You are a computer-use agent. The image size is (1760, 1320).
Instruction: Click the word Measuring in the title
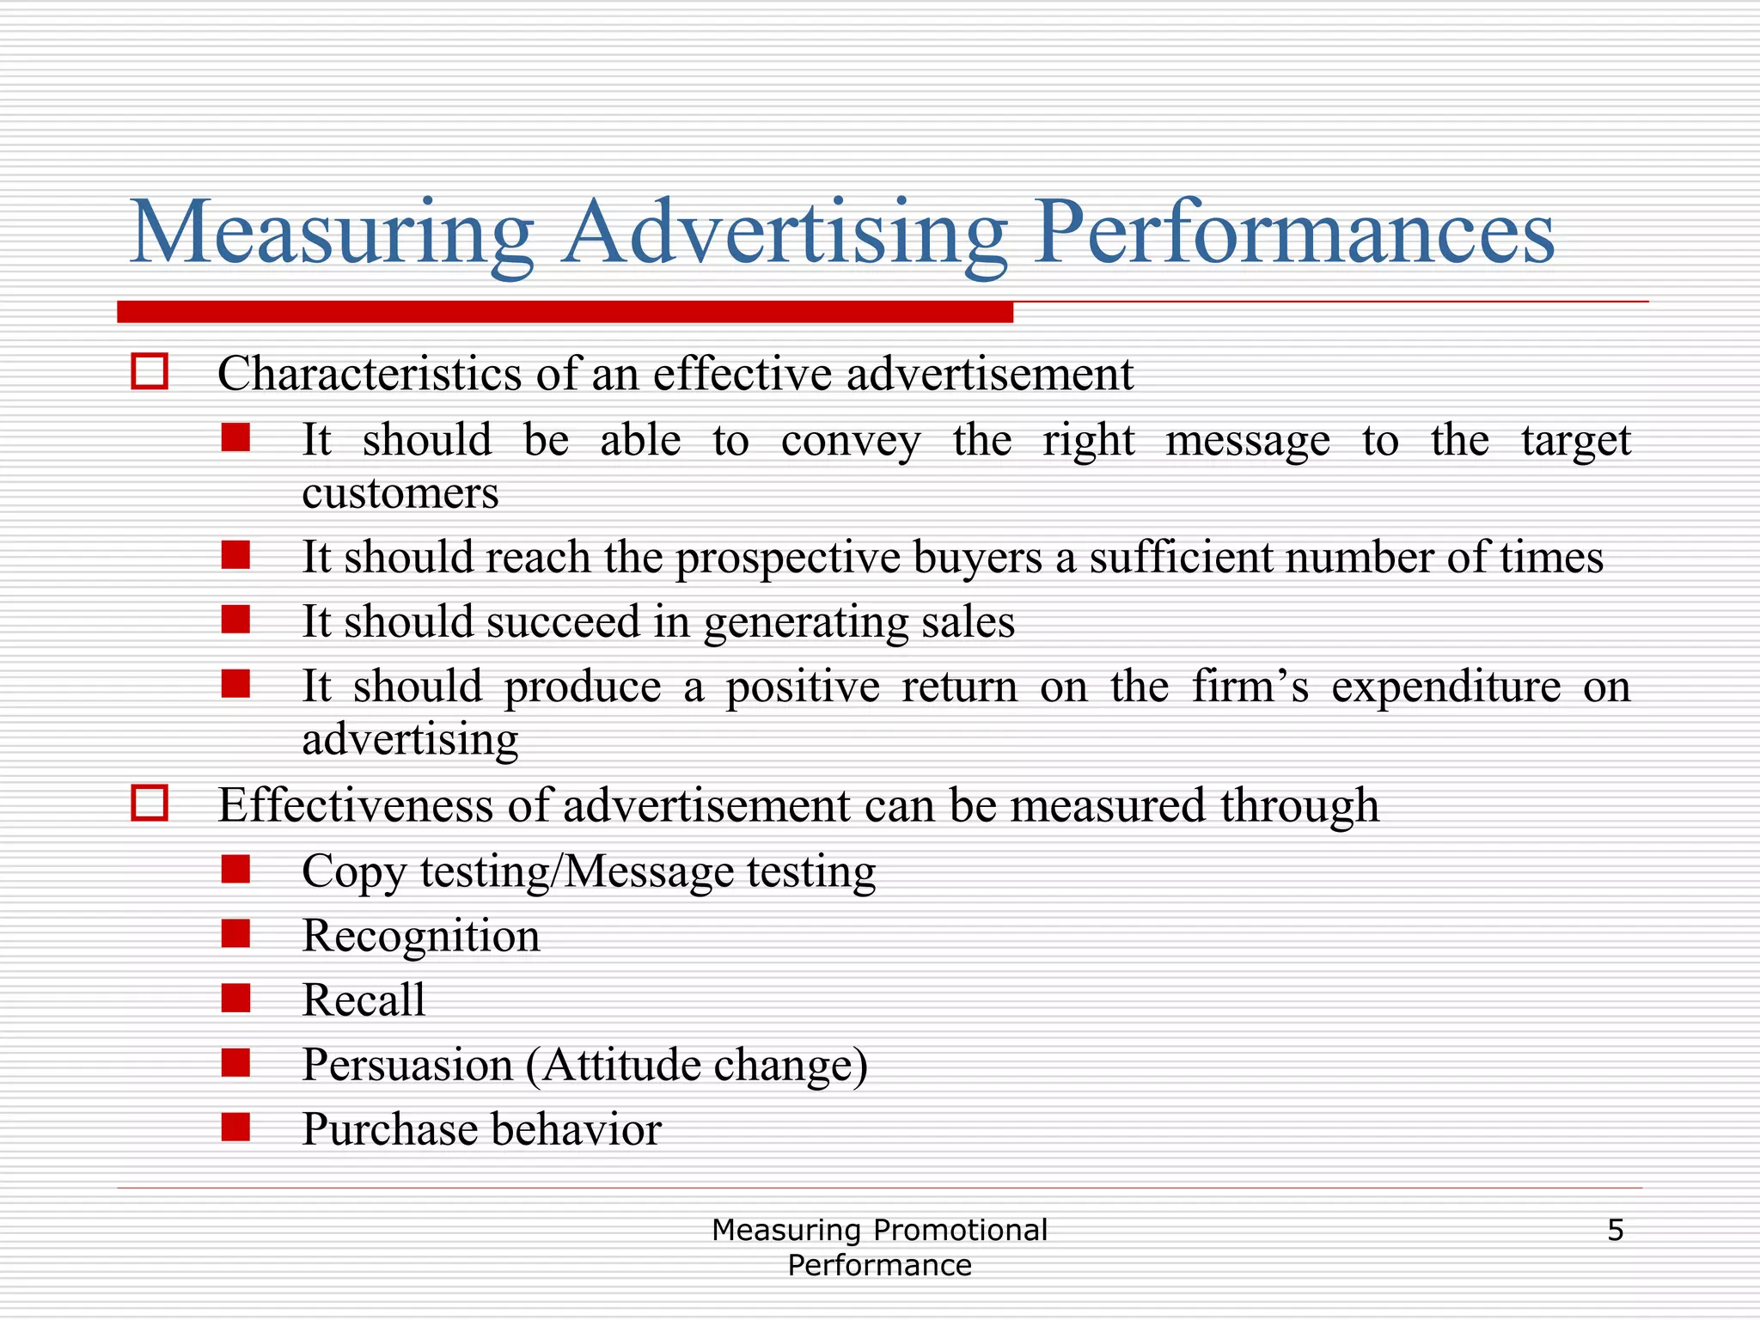click(x=332, y=232)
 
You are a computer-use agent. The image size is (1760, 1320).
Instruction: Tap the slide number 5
click(x=1615, y=1231)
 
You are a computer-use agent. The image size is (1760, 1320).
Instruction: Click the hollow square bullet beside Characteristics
click(x=150, y=372)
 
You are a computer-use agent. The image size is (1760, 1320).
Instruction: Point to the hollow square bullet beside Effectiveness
click(x=150, y=804)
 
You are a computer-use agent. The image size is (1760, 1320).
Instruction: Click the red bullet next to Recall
click(x=235, y=999)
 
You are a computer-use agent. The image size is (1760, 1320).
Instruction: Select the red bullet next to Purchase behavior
click(x=235, y=1127)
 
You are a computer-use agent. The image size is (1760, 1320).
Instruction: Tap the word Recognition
click(x=421, y=936)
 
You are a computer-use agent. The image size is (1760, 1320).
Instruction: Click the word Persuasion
click(x=407, y=1065)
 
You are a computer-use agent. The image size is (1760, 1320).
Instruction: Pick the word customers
click(x=400, y=493)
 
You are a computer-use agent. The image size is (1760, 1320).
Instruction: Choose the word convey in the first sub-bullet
click(x=851, y=441)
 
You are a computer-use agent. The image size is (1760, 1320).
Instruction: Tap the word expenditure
click(x=1445, y=687)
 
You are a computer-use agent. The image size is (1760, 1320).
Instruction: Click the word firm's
click(x=1250, y=686)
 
